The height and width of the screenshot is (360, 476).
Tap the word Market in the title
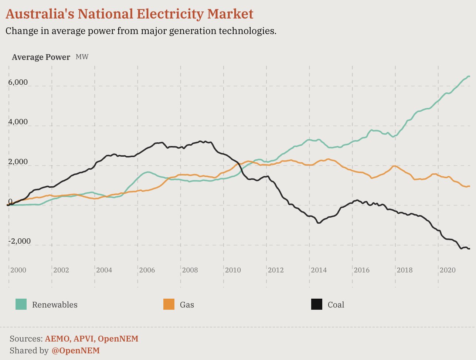(x=230, y=14)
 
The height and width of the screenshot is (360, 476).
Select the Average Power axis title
(x=41, y=57)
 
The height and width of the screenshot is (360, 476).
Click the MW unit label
(x=82, y=57)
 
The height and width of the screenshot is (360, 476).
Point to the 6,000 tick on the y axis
(x=18, y=82)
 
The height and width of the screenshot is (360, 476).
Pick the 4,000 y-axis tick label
(x=18, y=122)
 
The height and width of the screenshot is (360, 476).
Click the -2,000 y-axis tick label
(x=19, y=241)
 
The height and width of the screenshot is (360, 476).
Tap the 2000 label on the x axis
(x=18, y=270)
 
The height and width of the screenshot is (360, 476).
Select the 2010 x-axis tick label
(x=233, y=270)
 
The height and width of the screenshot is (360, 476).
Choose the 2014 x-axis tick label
(x=319, y=270)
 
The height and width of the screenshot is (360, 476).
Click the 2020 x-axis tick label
(x=447, y=270)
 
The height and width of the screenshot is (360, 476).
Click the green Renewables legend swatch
(x=21, y=305)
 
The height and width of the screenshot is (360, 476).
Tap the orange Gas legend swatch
(x=169, y=305)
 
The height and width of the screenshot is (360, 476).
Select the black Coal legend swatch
(x=317, y=305)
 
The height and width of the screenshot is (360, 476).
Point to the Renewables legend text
(x=55, y=305)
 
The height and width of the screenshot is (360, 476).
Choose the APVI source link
(x=84, y=339)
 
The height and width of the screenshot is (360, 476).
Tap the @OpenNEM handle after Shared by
(x=76, y=350)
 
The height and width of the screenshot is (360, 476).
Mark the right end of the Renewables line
(x=469, y=77)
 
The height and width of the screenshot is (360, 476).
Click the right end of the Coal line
(x=469, y=249)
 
